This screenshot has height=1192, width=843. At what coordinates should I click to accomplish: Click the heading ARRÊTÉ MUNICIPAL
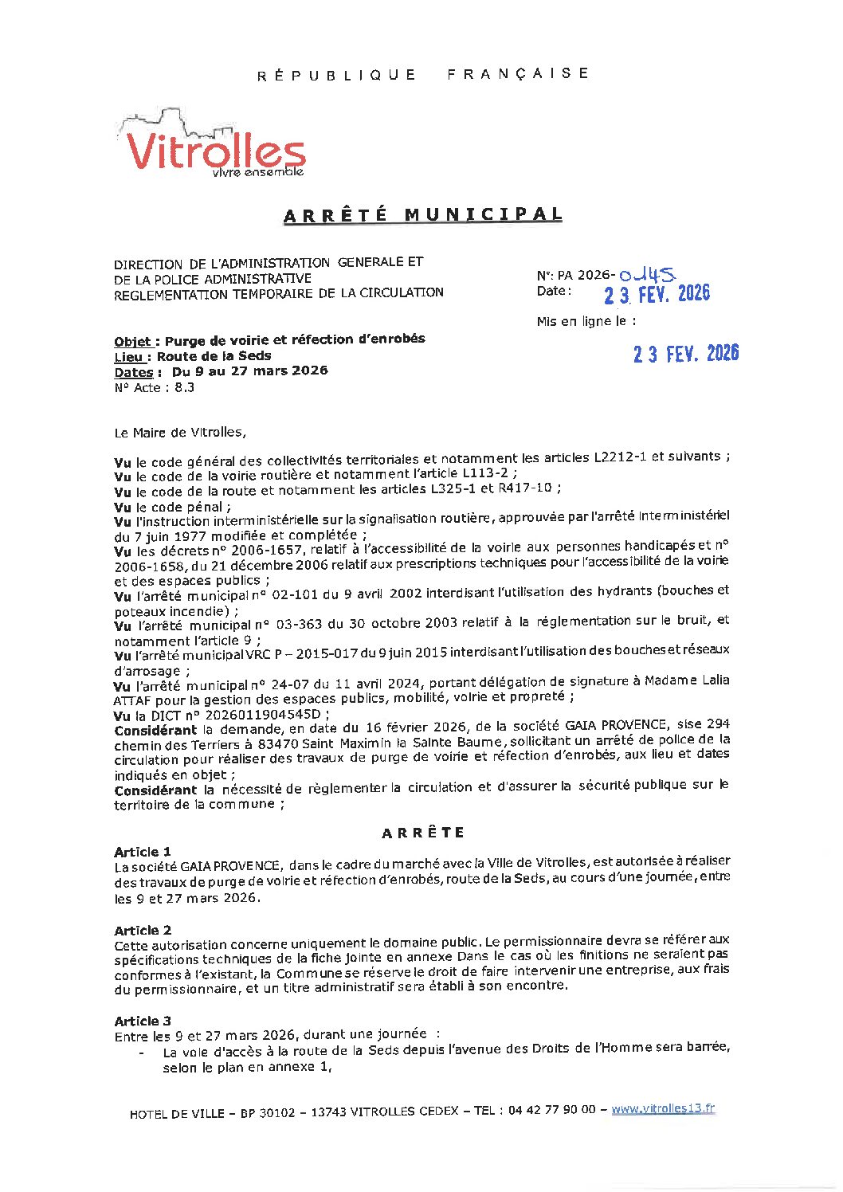[x=423, y=214]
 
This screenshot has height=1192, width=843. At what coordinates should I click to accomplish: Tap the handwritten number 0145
[x=648, y=275]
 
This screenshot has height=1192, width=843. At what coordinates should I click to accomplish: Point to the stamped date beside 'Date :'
[x=657, y=295]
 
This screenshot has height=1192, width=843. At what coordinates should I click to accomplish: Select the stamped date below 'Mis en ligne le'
[x=686, y=354]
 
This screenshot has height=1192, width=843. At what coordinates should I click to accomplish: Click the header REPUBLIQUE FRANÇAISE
[x=422, y=74]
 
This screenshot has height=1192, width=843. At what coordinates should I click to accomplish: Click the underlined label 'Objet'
[x=132, y=342]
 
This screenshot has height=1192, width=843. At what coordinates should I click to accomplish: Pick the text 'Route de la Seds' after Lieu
[x=214, y=356]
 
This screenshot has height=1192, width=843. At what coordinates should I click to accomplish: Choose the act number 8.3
[x=184, y=388]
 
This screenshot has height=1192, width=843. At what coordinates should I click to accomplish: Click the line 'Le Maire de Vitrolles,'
[x=180, y=433]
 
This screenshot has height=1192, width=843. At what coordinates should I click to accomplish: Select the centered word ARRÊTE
[x=422, y=833]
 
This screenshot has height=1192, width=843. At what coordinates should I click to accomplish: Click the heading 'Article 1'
[x=143, y=851]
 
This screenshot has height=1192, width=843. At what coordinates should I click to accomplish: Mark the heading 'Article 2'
[x=143, y=930]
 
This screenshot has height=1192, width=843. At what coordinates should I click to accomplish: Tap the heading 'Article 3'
[x=143, y=1021]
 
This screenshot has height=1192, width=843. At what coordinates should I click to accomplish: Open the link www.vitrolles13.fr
[x=663, y=1108]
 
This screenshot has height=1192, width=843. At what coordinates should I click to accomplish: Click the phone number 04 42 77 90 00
[x=551, y=1110]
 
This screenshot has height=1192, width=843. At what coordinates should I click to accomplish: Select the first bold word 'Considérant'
[x=155, y=730]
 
